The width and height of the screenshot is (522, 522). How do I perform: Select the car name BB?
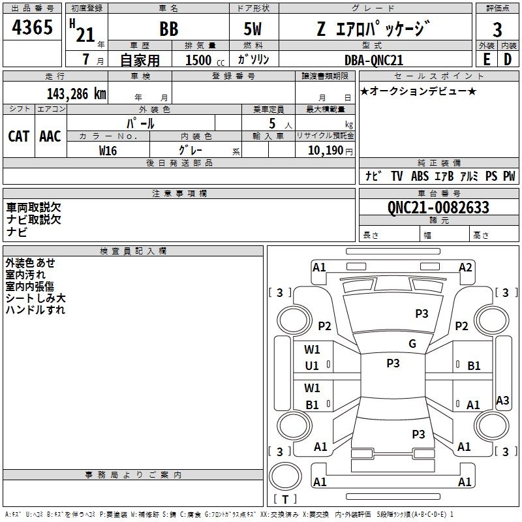point(168,29)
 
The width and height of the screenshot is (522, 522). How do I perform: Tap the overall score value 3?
point(497,29)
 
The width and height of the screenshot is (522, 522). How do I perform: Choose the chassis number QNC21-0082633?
point(438,207)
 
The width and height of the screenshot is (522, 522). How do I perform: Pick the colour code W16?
point(108,150)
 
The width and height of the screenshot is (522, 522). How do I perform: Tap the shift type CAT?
point(18,136)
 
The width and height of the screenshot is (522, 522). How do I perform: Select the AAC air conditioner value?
point(50,136)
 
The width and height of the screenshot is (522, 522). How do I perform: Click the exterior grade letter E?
point(485,59)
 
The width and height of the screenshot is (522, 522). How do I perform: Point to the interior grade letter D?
point(507,59)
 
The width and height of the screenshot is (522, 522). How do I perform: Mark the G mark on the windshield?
point(412,344)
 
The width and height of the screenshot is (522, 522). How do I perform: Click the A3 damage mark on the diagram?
point(502,401)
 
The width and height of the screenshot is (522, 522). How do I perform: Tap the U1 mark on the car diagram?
point(313,366)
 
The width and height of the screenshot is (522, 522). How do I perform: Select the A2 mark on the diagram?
point(465,267)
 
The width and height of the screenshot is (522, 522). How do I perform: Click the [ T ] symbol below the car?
point(285,499)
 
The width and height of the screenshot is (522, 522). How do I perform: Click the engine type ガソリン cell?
point(253,59)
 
